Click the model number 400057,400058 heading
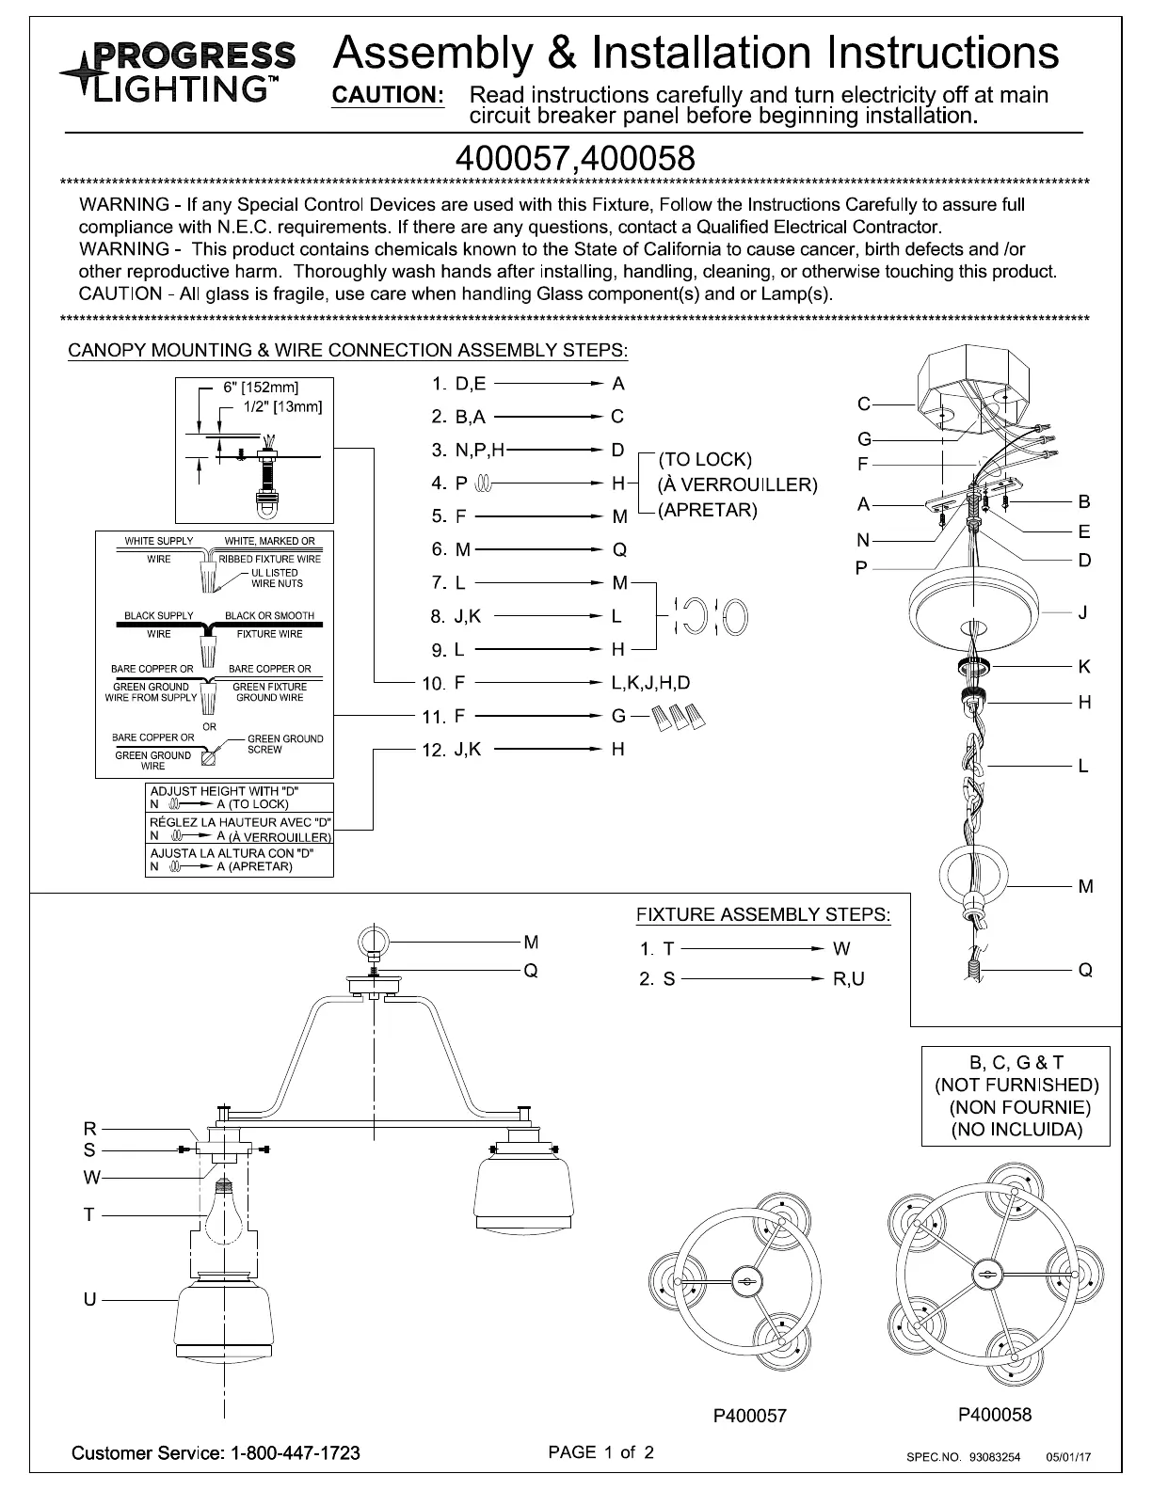[x=574, y=157]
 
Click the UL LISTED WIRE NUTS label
[x=276, y=578]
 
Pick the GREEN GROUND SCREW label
[x=284, y=744]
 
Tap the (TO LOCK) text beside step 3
[x=705, y=460]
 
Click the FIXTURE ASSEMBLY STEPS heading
[x=762, y=915]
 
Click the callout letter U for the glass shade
[x=89, y=1299]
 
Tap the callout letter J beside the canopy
[x=1083, y=612]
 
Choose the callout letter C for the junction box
[x=863, y=404]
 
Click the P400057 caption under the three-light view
[x=749, y=1416]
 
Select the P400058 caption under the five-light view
[x=995, y=1415]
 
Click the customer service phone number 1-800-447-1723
[x=294, y=1453]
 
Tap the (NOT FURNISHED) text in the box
[x=1016, y=1085]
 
